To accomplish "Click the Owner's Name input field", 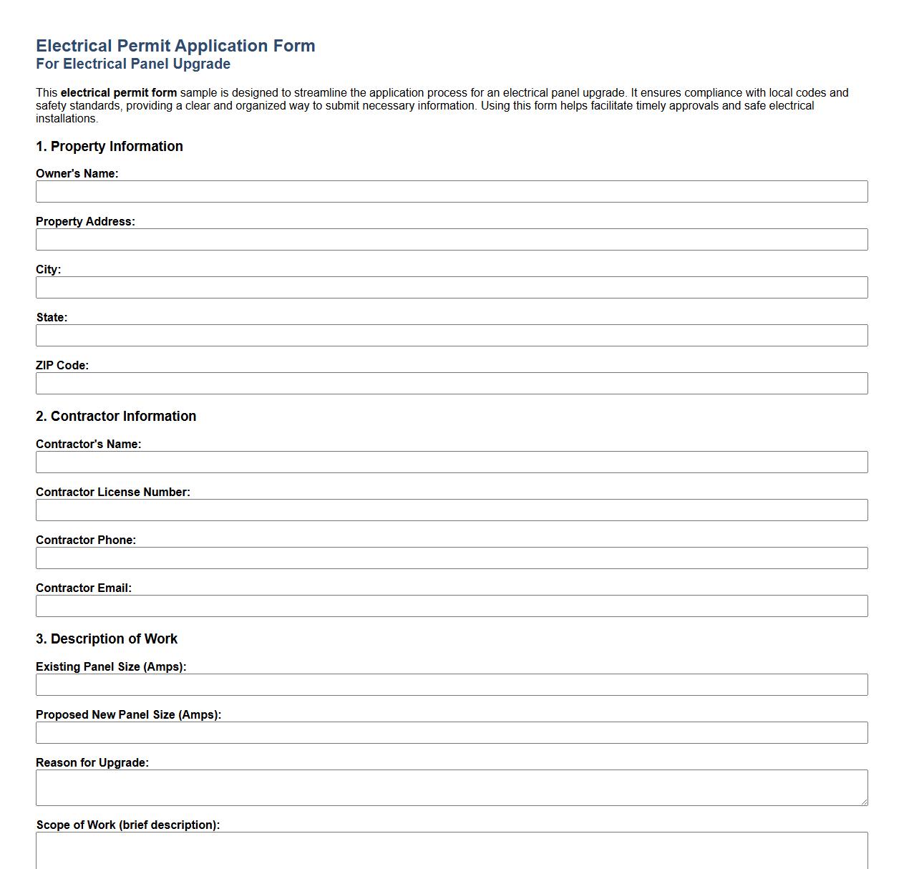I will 452,192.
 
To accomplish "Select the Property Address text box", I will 452,240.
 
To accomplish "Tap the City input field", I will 452,288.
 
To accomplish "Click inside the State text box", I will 452,336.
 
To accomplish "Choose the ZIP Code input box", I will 452,384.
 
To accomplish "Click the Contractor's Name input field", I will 452,462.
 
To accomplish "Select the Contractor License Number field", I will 452,510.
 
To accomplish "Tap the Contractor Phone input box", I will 452,558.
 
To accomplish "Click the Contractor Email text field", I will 452,606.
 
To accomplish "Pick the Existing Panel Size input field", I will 452,685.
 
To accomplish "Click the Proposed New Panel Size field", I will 452,733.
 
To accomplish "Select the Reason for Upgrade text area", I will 452,787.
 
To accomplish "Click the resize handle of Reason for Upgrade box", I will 864,802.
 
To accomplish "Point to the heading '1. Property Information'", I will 110,147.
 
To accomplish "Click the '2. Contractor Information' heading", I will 116,417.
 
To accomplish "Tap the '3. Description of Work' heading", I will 107,639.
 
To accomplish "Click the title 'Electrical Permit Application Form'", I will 175,46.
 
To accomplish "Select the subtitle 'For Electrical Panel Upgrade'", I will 133,64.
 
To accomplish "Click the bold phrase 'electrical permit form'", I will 119,93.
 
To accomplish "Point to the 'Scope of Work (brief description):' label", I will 128,825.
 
